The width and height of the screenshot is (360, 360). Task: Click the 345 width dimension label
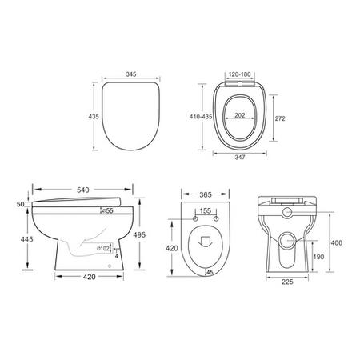[x=131, y=74]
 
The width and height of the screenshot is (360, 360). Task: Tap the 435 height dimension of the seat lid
[x=94, y=117]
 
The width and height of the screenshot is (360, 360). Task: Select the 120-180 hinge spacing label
[x=240, y=74]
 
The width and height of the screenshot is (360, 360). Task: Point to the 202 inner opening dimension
[x=240, y=115]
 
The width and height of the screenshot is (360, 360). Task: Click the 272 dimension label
[x=280, y=118]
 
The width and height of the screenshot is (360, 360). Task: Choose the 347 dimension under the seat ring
[x=240, y=158]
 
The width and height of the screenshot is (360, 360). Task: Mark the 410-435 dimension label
[x=201, y=117]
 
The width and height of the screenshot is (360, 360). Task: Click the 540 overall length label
[x=83, y=190]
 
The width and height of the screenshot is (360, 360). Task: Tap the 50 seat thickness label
[x=21, y=204]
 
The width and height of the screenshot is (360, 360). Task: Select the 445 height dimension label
[x=27, y=239]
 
